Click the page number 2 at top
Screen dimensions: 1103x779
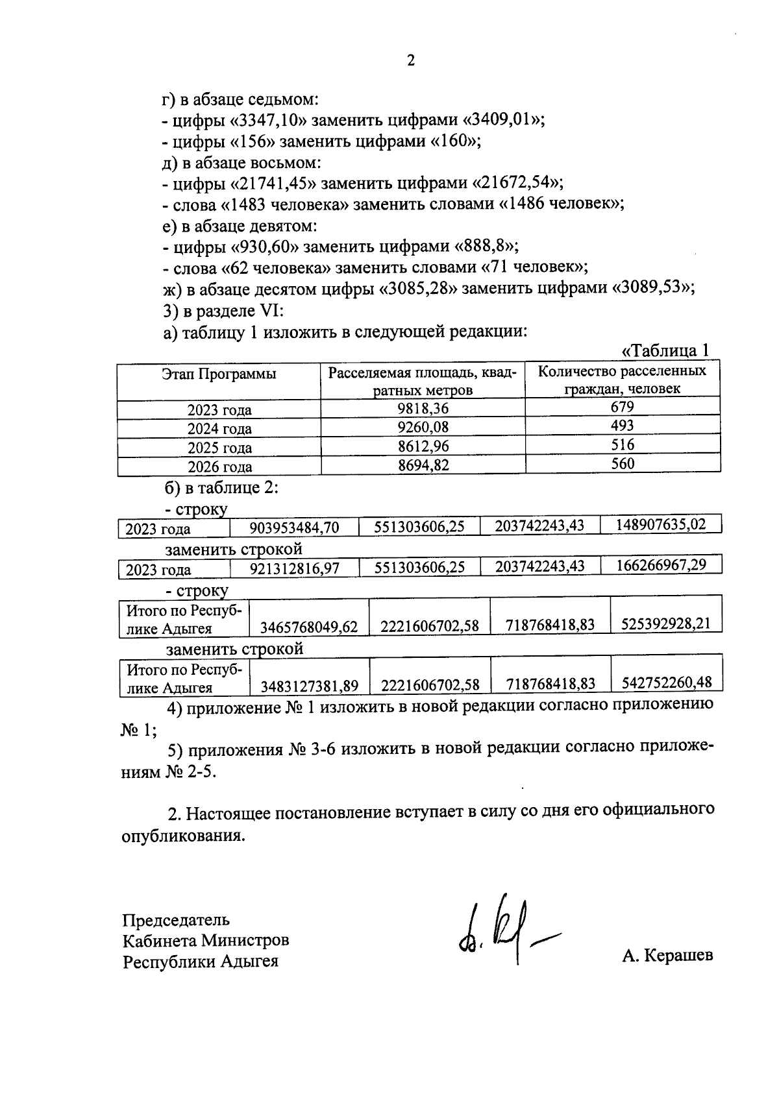coord(410,61)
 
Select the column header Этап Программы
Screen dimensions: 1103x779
coord(219,374)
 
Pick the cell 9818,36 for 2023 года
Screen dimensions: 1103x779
coord(423,408)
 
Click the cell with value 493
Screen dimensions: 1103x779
coord(622,426)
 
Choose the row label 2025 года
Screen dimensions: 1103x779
coord(219,448)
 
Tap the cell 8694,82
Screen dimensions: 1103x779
coord(423,465)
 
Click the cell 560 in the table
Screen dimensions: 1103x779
coord(622,463)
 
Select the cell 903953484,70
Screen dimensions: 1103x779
coord(294,528)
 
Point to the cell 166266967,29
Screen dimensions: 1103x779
coord(661,565)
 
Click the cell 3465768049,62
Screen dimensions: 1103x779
coord(309,627)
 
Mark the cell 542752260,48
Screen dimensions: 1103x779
coord(667,683)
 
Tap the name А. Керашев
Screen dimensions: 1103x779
coord(667,956)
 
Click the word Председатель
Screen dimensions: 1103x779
coord(176,920)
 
